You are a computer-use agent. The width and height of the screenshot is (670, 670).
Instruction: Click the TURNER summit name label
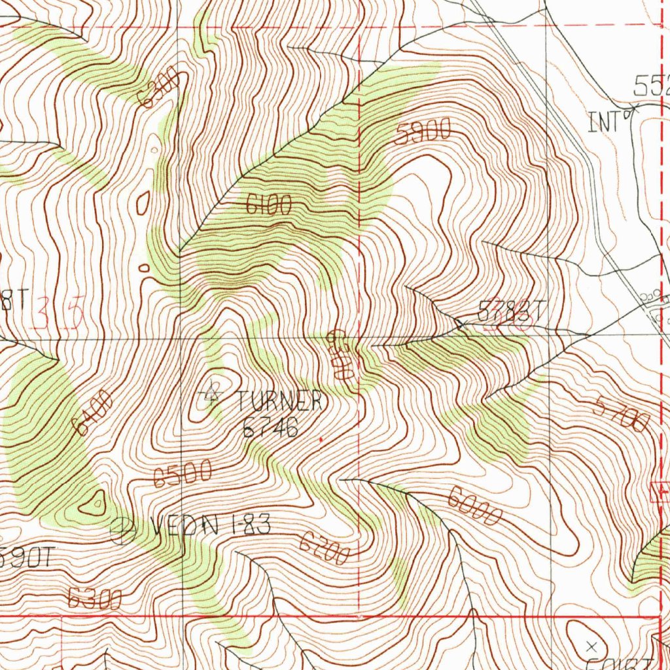click(279, 400)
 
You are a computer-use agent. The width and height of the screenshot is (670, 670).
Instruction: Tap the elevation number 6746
click(270, 427)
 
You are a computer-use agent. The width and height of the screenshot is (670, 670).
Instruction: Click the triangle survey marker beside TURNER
click(211, 395)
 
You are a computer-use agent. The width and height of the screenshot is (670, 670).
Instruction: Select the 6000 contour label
click(474, 508)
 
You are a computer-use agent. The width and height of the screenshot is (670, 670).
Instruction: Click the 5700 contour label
click(622, 414)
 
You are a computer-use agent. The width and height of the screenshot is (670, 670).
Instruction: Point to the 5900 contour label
click(423, 133)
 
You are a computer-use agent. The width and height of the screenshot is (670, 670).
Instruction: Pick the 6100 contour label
click(268, 206)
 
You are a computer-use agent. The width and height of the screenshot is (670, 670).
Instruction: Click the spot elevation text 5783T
click(510, 311)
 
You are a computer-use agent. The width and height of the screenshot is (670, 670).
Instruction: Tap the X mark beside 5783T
click(460, 323)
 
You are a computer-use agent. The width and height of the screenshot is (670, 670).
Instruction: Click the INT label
click(603, 122)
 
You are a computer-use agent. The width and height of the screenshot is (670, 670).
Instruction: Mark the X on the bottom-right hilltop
click(593, 646)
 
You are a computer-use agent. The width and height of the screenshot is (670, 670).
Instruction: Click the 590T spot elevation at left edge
click(26, 557)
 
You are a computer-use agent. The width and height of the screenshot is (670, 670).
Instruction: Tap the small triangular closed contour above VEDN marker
click(96, 502)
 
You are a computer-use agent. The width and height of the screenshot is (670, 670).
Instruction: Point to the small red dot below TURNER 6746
click(321, 440)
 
